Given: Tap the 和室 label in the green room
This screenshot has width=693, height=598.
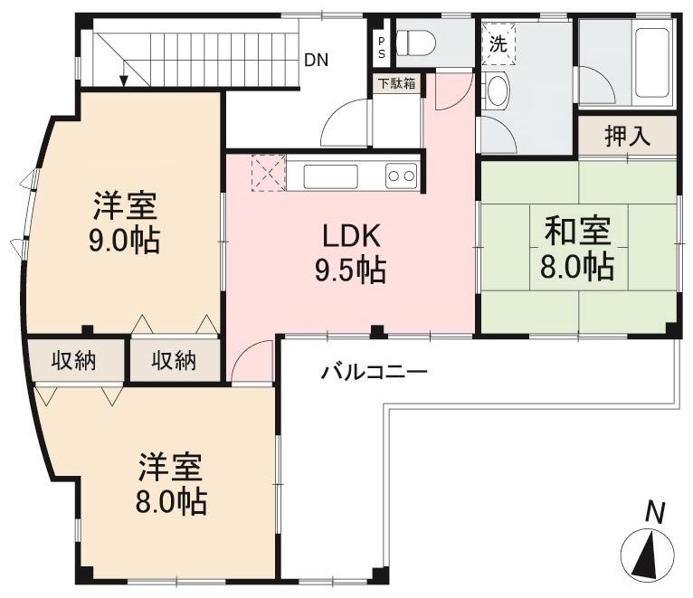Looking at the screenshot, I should tap(578, 233).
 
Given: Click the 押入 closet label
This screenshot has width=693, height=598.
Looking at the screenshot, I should tap(628, 137).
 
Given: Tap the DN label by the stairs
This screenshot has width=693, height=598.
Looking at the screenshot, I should tap(316, 61).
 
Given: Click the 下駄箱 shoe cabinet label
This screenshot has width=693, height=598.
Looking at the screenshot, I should tap(396, 84).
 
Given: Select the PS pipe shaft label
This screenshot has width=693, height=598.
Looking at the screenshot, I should tap(380, 46).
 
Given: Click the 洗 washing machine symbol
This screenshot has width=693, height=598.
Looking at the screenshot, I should tap(498, 43).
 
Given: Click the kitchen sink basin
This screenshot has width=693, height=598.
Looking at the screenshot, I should tap(330, 176).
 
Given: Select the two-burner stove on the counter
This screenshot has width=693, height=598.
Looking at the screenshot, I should tap(400, 176).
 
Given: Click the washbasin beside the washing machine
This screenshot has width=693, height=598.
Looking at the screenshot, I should tap(497, 90).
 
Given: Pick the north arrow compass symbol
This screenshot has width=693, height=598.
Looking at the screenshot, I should tap(649, 553).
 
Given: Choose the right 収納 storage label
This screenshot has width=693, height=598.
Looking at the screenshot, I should tap(173, 361).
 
